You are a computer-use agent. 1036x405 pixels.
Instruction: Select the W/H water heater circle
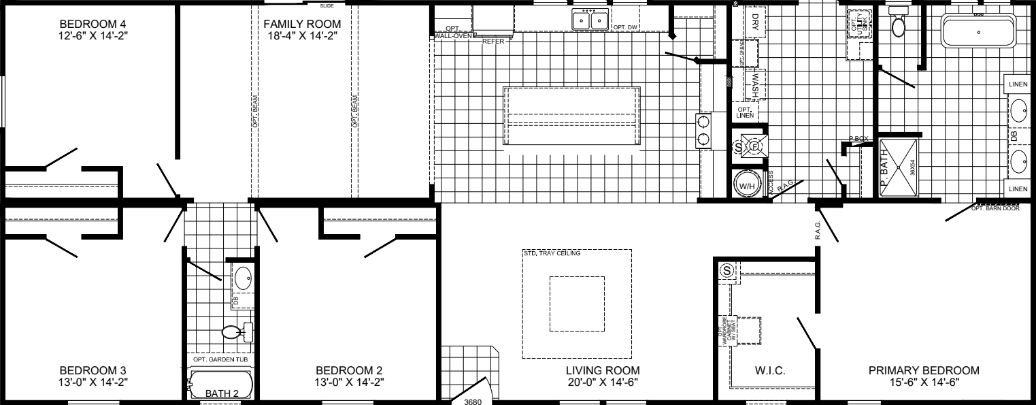tap(747, 184)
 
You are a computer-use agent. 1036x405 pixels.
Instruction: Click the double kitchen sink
tap(590, 22)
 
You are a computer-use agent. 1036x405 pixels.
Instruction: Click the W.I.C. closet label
tap(770, 371)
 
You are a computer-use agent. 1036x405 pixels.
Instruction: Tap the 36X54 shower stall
tap(899, 167)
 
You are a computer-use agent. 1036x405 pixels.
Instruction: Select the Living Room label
tap(603, 370)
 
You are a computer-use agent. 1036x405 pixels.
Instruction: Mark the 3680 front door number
tap(473, 401)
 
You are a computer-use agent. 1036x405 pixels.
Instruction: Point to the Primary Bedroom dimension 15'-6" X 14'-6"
tap(923, 383)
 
